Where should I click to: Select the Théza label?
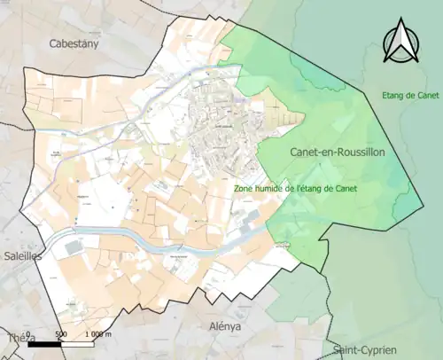[x=17, y=338]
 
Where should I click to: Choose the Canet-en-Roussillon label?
[x=337, y=153]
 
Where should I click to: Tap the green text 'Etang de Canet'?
[x=411, y=96]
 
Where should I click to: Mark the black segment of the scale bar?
[x=45, y=344]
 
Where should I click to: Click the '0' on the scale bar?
[x=31, y=334]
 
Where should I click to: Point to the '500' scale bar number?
[x=59, y=334]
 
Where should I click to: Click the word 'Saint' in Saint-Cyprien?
[x=345, y=349]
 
